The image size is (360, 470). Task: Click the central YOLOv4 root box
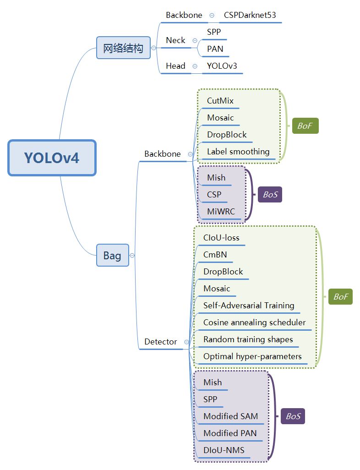tap(52, 158)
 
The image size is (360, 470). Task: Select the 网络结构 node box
tap(123, 48)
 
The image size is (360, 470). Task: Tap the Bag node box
tap(112, 255)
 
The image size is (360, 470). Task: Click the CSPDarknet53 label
tap(250, 15)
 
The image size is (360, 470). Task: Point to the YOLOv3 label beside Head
tap(222, 66)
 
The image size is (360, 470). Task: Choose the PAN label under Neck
tap(215, 49)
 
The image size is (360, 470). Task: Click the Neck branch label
tap(175, 40)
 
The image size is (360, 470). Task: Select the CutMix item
tap(220, 101)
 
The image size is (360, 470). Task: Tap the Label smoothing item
tap(238, 152)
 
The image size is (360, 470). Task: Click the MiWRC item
tap(221, 212)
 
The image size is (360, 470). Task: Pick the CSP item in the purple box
tap(214, 195)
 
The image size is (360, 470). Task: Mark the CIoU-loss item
tap(221, 238)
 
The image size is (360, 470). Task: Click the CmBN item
tap(215, 255)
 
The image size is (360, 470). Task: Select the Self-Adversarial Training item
tap(249, 306)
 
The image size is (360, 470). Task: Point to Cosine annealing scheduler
tap(254, 322)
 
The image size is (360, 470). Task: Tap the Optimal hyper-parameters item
tap(252, 356)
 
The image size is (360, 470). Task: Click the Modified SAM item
tap(230, 416)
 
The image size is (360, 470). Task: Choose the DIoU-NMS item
tap(224, 450)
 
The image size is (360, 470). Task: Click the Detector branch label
tap(160, 342)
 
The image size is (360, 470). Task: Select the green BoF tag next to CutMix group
tap(305, 126)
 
